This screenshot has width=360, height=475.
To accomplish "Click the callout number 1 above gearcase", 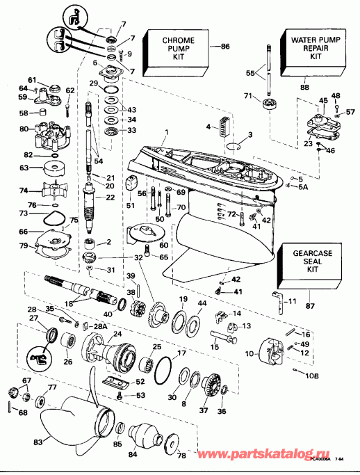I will [166, 133].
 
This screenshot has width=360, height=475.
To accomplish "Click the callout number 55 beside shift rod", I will [251, 72].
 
